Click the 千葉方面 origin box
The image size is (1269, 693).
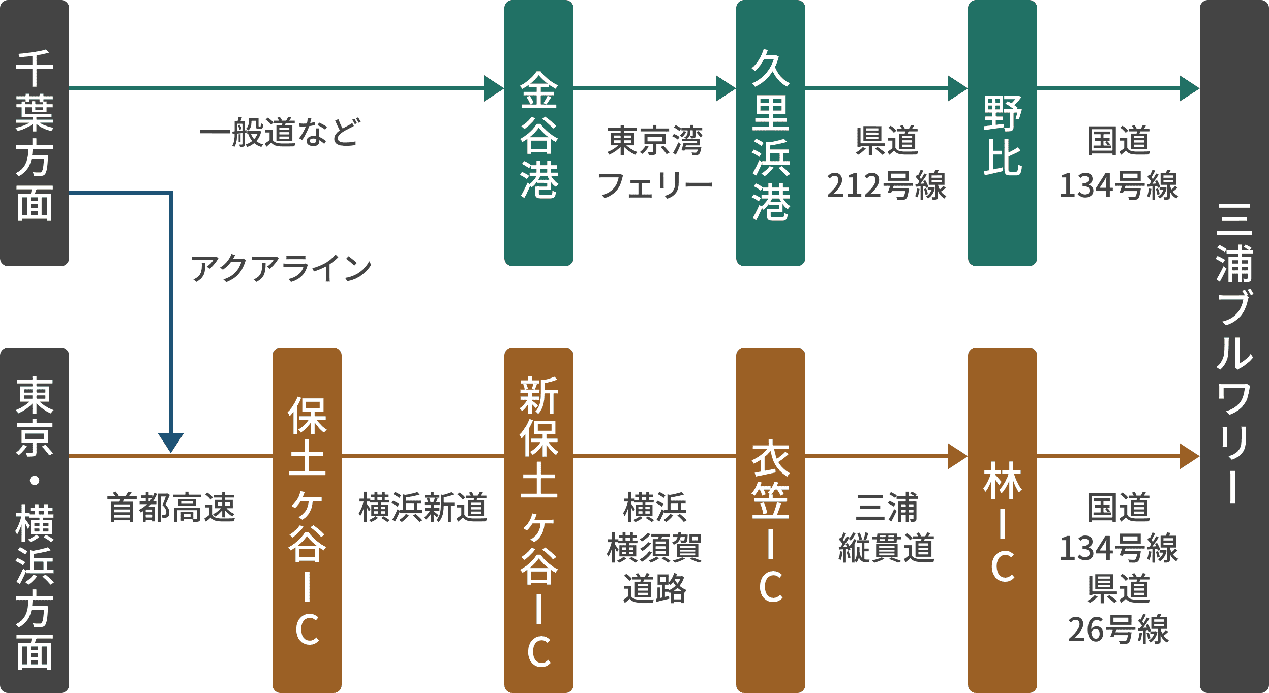[x=34, y=133]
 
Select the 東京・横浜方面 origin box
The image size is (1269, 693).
[x=34, y=520]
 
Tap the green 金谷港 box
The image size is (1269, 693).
[x=538, y=133]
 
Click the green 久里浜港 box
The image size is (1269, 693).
[x=770, y=133]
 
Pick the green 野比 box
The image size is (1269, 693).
[x=1002, y=133]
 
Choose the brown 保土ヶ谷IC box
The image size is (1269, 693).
[x=307, y=520]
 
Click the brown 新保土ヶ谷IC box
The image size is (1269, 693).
[x=538, y=520]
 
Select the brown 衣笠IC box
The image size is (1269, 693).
[x=770, y=520]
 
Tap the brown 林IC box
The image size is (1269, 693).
[x=1002, y=520]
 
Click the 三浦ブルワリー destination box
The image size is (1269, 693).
[x=1234, y=346]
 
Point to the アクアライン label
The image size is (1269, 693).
[x=281, y=268]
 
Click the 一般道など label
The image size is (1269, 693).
[x=280, y=133]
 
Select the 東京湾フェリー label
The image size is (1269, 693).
[x=655, y=163]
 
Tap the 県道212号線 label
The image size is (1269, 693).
[x=887, y=163]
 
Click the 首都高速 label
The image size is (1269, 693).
[x=171, y=507]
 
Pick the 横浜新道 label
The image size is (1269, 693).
[x=423, y=507]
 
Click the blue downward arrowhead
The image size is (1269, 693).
[x=170, y=441]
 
